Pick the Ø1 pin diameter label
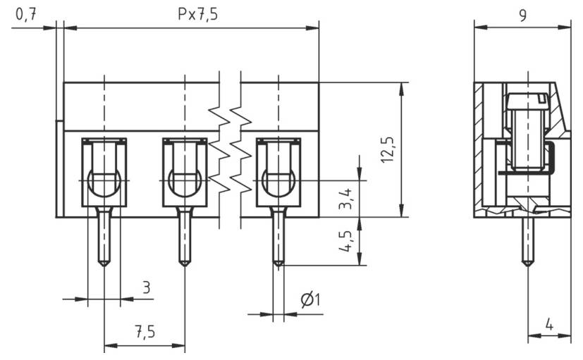(x=310, y=300)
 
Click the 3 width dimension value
(x=146, y=287)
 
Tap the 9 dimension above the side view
(x=522, y=15)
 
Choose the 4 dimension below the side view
(x=548, y=326)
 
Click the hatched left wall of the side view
(x=479, y=148)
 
